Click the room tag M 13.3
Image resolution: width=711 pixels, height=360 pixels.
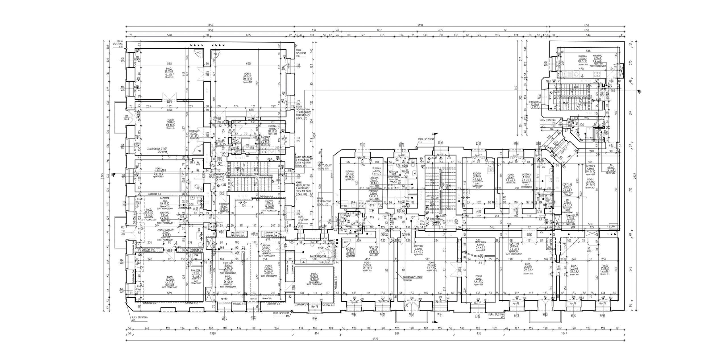coord(170,74)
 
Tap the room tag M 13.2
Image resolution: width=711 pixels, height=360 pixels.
coord(170,125)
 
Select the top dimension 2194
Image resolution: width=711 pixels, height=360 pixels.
coord(421,25)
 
